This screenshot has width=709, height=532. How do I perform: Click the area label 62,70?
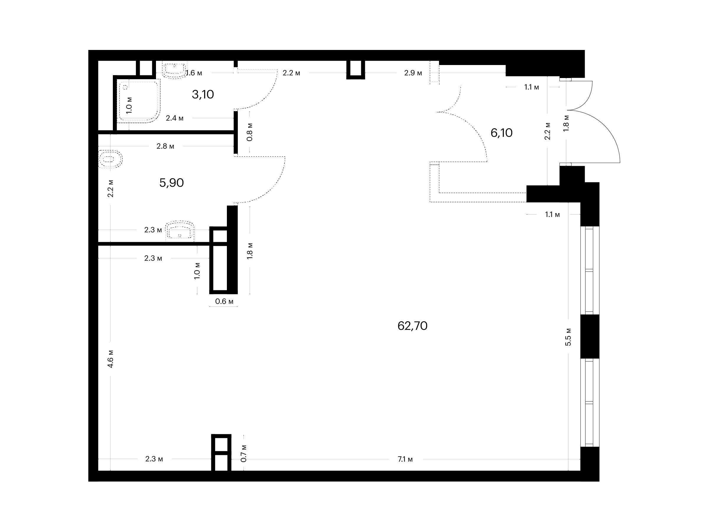coord(412,326)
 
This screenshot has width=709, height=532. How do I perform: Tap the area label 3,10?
coord(203,94)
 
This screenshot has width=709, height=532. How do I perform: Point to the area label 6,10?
coord(502,133)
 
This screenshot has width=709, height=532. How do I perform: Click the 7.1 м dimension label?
coord(405,459)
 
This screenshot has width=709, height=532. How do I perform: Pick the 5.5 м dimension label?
coord(568,337)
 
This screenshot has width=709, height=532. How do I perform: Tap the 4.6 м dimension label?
coord(110,359)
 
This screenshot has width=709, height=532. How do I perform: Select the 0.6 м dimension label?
coord(224,301)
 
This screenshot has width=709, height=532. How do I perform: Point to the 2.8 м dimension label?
coord(165,146)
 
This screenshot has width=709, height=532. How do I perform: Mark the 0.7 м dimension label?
coord(244,453)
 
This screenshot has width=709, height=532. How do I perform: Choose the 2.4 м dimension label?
coord(175,118)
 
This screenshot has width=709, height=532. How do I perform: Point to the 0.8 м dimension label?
coord(250,132)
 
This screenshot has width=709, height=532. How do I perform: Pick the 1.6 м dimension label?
coord(194,73)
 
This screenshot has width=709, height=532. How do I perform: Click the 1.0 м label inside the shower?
coord(129,105)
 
